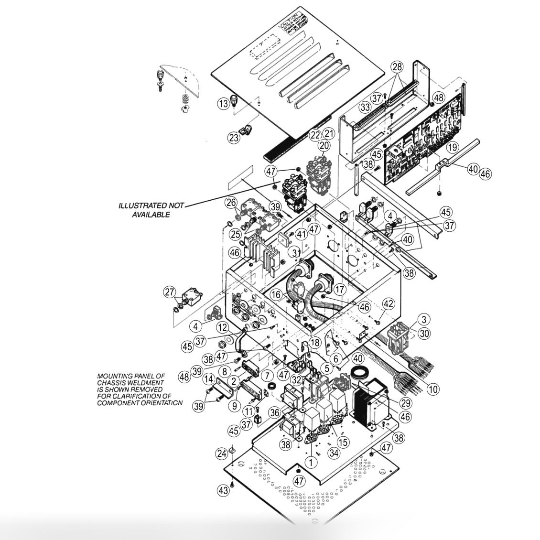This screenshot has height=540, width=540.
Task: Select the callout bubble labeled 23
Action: [234, 138]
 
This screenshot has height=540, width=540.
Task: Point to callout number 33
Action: [366, 108]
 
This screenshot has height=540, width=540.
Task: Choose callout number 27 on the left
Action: [170, 292]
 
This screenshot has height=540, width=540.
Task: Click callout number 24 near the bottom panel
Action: [221, 453]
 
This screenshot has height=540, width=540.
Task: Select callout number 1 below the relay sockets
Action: [311, 462]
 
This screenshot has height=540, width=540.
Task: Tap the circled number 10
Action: [432, 389]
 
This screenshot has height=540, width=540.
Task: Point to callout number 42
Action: [388, 304]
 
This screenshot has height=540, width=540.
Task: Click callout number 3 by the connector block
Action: [423, 319]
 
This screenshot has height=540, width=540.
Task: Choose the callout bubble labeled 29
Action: [407, 402]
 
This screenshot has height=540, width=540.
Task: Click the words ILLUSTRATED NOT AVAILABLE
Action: [151, 210]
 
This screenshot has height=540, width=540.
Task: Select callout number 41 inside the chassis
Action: [301, 234]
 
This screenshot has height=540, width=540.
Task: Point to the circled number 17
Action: [339, 289]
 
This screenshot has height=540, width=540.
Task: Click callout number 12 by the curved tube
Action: [221, 327]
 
